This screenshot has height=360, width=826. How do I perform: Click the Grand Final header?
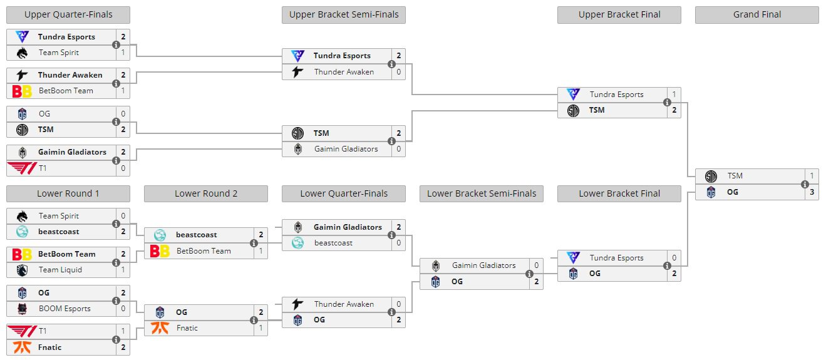pos(756,14)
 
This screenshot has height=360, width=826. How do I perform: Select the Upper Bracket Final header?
pos(619,14)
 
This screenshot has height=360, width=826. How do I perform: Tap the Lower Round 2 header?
pos(205,193)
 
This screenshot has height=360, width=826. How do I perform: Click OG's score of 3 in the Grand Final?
pos(812,192)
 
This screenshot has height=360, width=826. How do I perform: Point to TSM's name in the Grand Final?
pos(735,176)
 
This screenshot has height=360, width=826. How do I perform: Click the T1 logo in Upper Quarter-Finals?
pos(22,168)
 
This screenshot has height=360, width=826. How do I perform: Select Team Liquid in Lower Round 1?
pos(60,270)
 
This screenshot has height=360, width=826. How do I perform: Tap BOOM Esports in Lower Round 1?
pos(65,309)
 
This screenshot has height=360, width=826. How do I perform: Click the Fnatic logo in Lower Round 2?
pos(160,328)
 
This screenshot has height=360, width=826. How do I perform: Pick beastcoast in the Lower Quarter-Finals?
pos(333,243)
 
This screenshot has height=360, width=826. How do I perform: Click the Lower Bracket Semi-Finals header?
pos(481,193)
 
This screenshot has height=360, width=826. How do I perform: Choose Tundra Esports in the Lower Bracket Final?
pos(616,257)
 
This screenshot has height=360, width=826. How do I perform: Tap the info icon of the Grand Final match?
pos(805,184)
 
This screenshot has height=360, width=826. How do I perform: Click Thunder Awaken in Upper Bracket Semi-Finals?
pos(344,72)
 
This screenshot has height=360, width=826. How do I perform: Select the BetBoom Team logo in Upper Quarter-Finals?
pos(22,91)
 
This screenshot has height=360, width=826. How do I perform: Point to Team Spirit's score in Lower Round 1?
pos(123,215)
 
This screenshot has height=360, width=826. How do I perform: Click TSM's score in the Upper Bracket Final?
pos(674,110)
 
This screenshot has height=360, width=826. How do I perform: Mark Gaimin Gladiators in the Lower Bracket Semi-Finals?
pos(483,265)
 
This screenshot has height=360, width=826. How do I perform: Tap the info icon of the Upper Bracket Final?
pos(667,102)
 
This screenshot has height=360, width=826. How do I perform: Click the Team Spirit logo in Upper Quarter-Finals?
pos(22,53)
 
